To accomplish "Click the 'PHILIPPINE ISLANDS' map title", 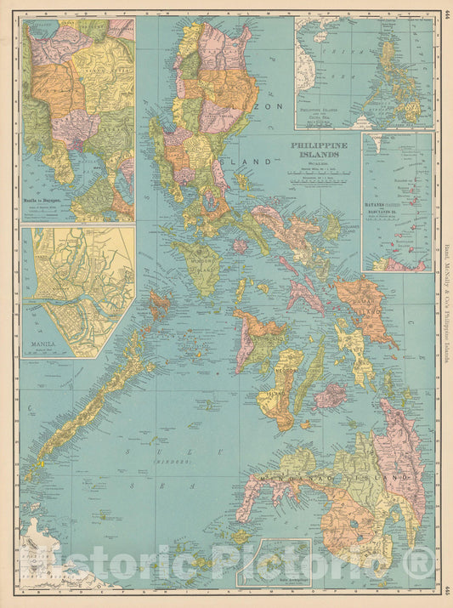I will (320, 150).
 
